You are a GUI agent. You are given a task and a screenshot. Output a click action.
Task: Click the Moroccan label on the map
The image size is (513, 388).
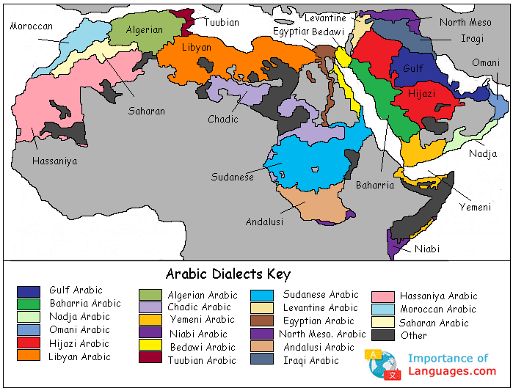coord(32,26)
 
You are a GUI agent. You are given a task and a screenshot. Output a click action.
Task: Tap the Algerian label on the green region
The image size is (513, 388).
coord(145,30)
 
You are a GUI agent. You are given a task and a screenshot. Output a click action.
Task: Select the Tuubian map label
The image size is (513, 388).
coord(222,23)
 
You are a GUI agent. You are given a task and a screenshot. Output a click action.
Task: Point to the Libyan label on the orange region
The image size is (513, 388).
coord(197,48)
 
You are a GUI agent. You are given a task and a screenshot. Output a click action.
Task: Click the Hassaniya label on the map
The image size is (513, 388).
coord(54,161)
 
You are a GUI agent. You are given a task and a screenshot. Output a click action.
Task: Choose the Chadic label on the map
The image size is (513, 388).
coord(223,119)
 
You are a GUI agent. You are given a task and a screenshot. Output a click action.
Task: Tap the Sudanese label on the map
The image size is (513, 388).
coord(233,177)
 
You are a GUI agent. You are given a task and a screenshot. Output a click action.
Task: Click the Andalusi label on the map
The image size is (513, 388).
coord(264,222)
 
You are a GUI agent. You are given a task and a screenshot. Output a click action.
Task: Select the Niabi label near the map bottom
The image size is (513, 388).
coord(427,249)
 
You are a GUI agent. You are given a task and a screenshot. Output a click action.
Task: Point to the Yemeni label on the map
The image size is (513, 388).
coord(475,207)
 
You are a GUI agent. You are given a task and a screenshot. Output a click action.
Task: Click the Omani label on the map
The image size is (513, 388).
coord(485,63)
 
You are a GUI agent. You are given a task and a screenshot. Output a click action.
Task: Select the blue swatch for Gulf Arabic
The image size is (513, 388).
coord(29,291)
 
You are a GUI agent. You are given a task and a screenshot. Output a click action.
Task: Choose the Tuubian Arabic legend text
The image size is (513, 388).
coord(202,360)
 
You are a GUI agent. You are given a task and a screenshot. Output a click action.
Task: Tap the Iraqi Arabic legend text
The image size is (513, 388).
coord(311,360)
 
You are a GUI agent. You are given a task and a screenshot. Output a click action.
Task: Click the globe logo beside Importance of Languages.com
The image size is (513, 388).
coord(382,365)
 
